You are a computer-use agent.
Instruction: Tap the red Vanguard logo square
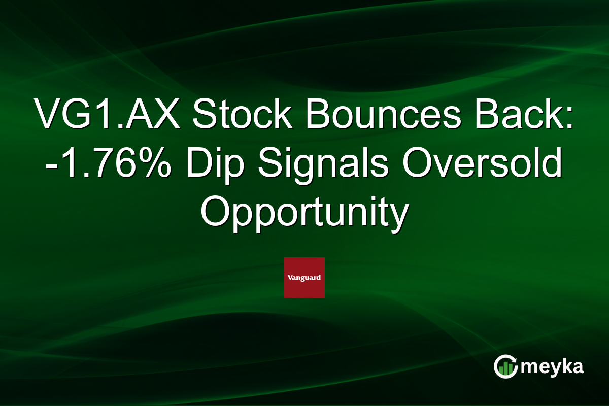point(304,278)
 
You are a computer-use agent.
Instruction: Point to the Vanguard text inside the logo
point(304,278)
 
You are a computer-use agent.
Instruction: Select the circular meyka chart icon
point(505,366)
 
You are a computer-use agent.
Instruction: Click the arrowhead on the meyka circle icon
point(514,358)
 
